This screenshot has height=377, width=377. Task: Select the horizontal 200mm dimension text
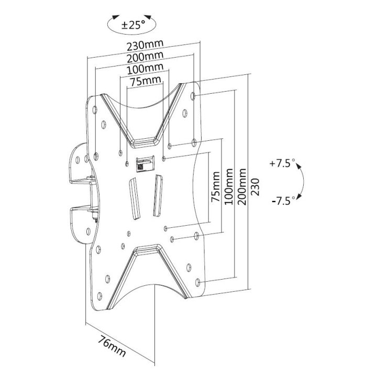coord(144,56)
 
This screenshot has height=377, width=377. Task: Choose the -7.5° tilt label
coord(283,199)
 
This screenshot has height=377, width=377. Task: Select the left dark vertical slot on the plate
coord(133,200)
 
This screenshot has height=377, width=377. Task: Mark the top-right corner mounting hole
coord(195,97)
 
